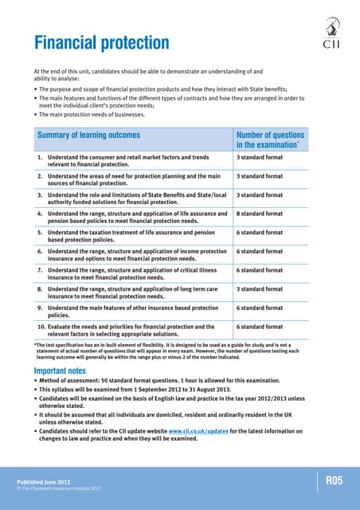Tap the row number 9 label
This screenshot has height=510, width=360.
click(40, 308)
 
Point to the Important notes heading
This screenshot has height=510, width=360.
click(67, 371)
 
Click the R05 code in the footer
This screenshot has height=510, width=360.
click(335, 480)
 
